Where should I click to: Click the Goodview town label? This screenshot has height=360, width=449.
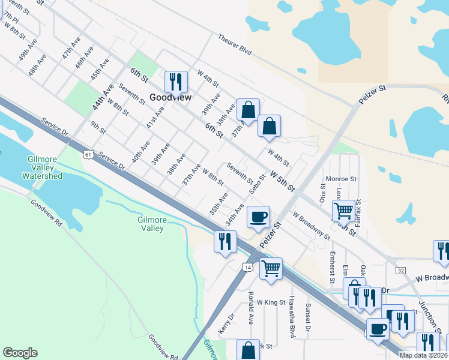[x=170, y=97]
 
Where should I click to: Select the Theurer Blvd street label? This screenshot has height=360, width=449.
[x=234, y=44]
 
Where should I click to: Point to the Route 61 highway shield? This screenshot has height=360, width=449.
[x=88, y=155]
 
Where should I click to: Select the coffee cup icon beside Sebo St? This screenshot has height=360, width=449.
[x=259, y=217]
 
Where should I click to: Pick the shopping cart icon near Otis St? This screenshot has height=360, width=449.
[x=343, y=210]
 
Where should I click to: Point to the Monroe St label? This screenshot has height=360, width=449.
[x=341, y=179]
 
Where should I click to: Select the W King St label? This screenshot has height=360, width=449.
[x=270, y=302]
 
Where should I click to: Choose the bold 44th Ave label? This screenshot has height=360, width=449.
[x=102, y=96]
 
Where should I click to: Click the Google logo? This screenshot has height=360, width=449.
[x=20, y=353]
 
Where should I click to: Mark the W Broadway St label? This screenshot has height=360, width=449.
[x=312, y=226]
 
